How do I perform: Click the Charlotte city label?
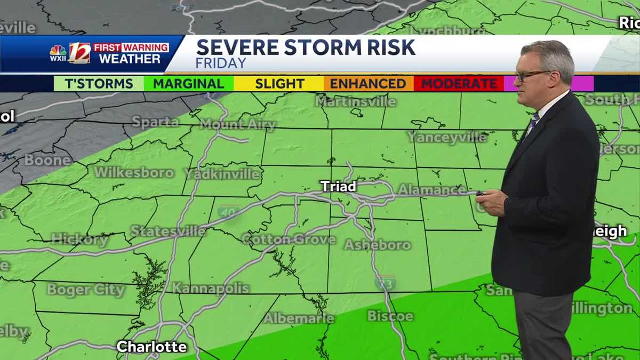pyautogui.click(x=152, y=347)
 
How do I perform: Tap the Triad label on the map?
pyautogui.click(x=338, y=186)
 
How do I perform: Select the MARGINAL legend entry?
pyautogui.click(x=188, y=84)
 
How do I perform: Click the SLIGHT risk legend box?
pyautogui.click(x=279, y=84)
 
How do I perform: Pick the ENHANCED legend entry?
pyautogui.click(x=368, y=84)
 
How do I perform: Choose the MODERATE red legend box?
pyautogui.click(x=459, y=84)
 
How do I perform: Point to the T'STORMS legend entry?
pyautogui.click(x=99, y=84)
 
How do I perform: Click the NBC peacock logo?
pyautogui.click(x=58, y=52)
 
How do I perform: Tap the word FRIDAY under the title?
pyautogui.click(x=221, y=63)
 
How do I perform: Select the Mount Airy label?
pyautogui.click(x=238, y=125)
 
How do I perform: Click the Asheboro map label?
pyautogui.click(x=378, y=245)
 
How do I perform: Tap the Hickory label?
pyautogui.click(x=79, y=240)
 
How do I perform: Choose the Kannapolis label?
pyautogui.click(x=211, y=289)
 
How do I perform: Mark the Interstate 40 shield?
pyautogui.click(x=228, y=211)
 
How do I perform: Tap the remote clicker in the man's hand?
pyautogui.click(x=482, y=194)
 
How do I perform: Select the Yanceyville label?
pyautogui.click(x=447, y=137)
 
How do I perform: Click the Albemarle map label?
pyautogui.click(x=299, y=318)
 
